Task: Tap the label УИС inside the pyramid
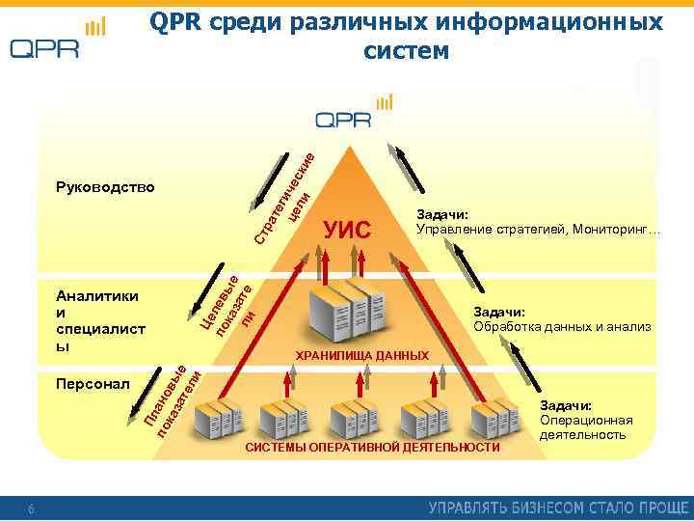[x=347, y=230]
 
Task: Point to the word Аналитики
[x=97, y=297]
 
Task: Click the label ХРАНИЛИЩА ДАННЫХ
[x=361, y=356]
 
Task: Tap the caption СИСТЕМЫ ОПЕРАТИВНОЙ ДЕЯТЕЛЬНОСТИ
[x=373, y=448]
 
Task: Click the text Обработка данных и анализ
[x=563, y=327]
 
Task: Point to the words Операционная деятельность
[x=586, y=427]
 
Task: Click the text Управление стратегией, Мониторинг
[x=536, y=230]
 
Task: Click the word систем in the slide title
[x=406, y=49]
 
